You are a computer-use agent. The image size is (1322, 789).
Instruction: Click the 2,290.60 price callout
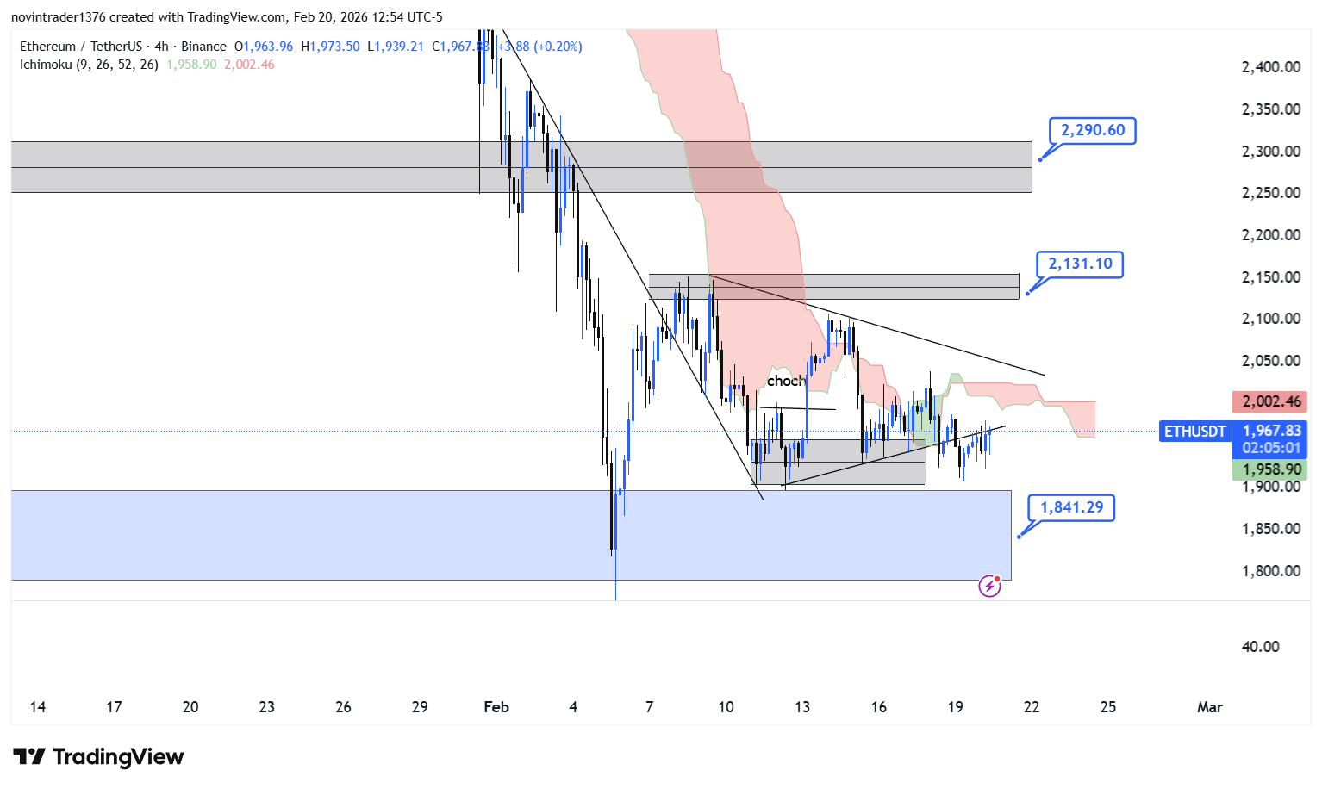[x=1092, y=131]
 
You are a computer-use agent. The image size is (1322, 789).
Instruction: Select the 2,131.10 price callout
[x=1080, y=264]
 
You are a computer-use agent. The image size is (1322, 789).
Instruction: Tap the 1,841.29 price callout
[x=1071, y=507]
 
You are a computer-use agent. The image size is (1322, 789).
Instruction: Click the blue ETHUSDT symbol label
[x=1194, y=432]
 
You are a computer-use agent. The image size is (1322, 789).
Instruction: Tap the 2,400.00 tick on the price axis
[x=1270, y=67]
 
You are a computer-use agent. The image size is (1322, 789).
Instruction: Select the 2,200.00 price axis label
[x=1270, y=235]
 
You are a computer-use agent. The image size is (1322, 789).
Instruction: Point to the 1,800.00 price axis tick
[x=1270, y=571]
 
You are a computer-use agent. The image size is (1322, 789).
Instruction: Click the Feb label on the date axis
[x=496, y=707]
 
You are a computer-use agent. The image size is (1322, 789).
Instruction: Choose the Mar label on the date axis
[x=1209, y=707]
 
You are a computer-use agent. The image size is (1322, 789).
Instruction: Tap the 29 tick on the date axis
[x=420, y=707]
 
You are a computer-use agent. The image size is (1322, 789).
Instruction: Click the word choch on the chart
[x=785, y=381]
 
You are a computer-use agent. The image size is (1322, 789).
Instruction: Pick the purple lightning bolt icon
[x=989, y=587]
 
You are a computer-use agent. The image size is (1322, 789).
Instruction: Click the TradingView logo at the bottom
[x=98, y=757]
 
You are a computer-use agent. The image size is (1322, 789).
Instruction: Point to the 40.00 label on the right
[x=1260, y=647]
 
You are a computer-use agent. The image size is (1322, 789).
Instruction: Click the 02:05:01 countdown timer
[x=1272, y=448]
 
